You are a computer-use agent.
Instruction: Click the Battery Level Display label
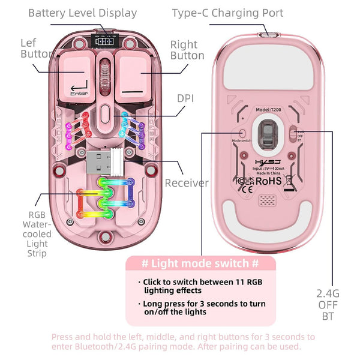(x=83, y=13)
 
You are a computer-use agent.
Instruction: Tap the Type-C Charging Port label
(x=227, y=13)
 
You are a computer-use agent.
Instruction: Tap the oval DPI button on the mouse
(x=106, y=112)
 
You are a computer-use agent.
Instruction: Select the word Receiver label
(x=187, y=183)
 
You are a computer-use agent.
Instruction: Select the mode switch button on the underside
(x=242, y=133)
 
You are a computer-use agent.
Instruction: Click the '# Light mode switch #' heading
(x=200, y=264)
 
